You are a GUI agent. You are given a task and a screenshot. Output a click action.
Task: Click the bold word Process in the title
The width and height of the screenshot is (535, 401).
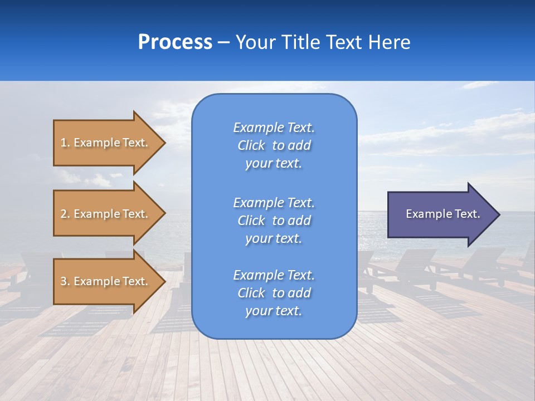pos(175,42)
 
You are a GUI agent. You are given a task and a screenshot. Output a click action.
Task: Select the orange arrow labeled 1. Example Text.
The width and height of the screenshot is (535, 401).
pos(106,143)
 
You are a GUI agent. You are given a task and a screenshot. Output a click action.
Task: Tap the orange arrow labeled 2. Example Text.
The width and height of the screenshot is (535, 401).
pos(106,214)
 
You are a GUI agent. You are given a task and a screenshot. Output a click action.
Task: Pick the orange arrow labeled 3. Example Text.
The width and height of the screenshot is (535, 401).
pos(106,281)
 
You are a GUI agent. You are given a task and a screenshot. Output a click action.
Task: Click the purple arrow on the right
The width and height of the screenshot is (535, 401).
pos(440,214)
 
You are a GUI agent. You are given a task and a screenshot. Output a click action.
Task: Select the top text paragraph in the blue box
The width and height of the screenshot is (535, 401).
pos(274,145)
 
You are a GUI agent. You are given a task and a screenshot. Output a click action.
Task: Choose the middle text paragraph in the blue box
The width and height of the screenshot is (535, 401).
pos(274,221)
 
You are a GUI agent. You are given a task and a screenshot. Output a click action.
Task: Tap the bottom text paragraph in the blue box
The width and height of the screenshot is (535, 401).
pos(274,293)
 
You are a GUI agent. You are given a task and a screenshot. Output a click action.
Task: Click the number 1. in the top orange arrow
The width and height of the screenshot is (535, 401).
pos(65,143)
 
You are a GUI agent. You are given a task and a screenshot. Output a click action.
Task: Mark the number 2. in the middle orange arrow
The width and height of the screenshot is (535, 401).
pos(65,214)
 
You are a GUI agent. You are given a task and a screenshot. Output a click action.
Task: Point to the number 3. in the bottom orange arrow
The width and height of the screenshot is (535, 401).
pos(65,281)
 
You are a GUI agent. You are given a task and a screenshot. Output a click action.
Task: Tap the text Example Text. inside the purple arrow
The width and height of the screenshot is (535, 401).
pos(442,214)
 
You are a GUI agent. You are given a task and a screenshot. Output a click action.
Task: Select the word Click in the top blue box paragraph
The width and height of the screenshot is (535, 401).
pos(251,145)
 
